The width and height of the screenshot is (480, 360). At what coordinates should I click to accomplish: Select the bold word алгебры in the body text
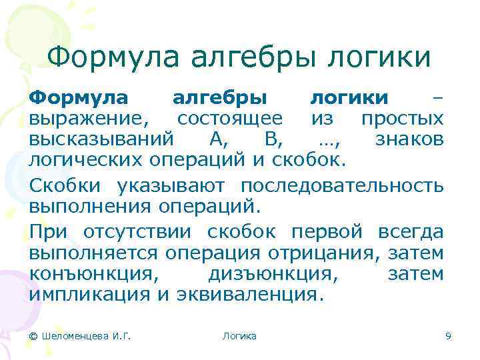click(221, 99)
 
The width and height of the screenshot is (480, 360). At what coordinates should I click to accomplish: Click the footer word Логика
click(239, 337)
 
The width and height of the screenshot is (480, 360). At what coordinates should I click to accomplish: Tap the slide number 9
click(448, 337)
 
